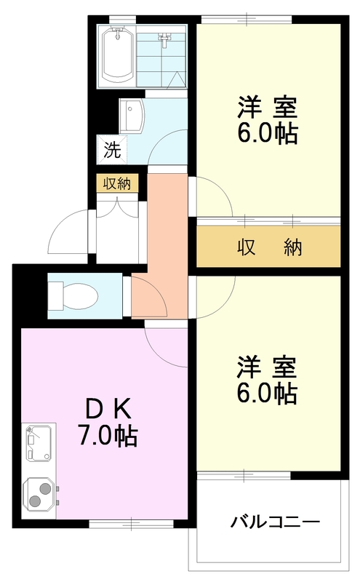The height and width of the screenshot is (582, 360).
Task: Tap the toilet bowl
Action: click(x=80, y=297)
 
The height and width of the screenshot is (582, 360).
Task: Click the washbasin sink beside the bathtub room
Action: click(x=131, y=115)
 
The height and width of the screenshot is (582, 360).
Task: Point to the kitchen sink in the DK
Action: click(x=39, y=443)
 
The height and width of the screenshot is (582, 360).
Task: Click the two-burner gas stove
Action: click(x=39, y=495)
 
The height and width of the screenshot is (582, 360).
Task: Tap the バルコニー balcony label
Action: click(x=275, y=522)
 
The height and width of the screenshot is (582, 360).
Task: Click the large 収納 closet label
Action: click(x=269, y=247)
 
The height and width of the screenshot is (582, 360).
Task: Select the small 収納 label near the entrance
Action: click(x=117, y=184)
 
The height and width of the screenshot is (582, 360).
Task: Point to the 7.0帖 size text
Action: click(x=107, y=435)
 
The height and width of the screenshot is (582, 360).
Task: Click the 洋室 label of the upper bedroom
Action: click(x=267, y=107)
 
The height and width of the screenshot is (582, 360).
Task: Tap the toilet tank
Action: click(x=56, y=297)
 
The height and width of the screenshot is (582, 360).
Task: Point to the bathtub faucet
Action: click(x=118, y=33)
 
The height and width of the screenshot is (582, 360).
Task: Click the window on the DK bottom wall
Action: click(x=132, y=524)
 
